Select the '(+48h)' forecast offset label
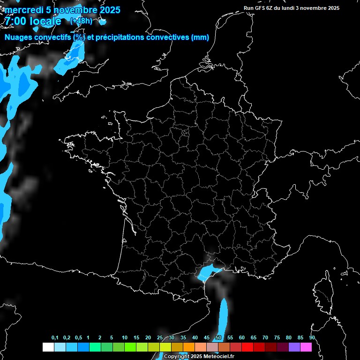coord(81,21)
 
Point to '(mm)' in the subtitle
coord(200,37)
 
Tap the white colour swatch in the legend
coord(48,347)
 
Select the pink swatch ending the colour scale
coord(306,347)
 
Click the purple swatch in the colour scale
coord(294,347)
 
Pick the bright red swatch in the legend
coord(247,347)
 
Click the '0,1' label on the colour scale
coord(55,338)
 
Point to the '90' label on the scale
coord(312,338)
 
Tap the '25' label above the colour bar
coord(160,338)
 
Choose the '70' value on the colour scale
coord(265,338)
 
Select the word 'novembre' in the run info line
coord(313,8)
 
